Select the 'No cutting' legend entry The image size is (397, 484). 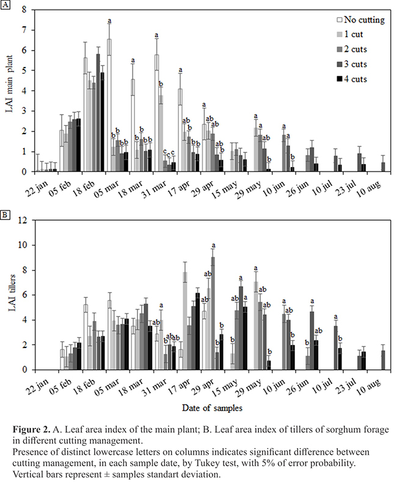pos(361,20)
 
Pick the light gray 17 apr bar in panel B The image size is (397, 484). pos(184,320)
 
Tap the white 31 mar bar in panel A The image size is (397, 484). pos(157,113)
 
